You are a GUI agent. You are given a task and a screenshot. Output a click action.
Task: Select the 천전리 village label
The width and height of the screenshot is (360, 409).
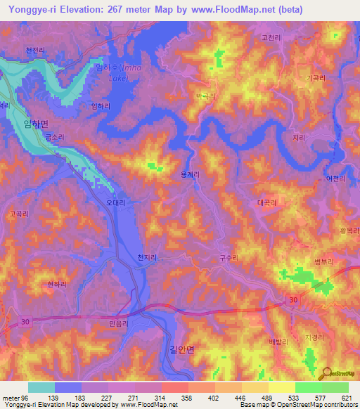pos(35,51)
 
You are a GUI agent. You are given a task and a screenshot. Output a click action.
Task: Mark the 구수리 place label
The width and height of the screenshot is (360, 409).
pos(229,258)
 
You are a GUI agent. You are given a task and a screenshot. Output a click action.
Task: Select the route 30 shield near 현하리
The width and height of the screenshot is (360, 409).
pos(26,321)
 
